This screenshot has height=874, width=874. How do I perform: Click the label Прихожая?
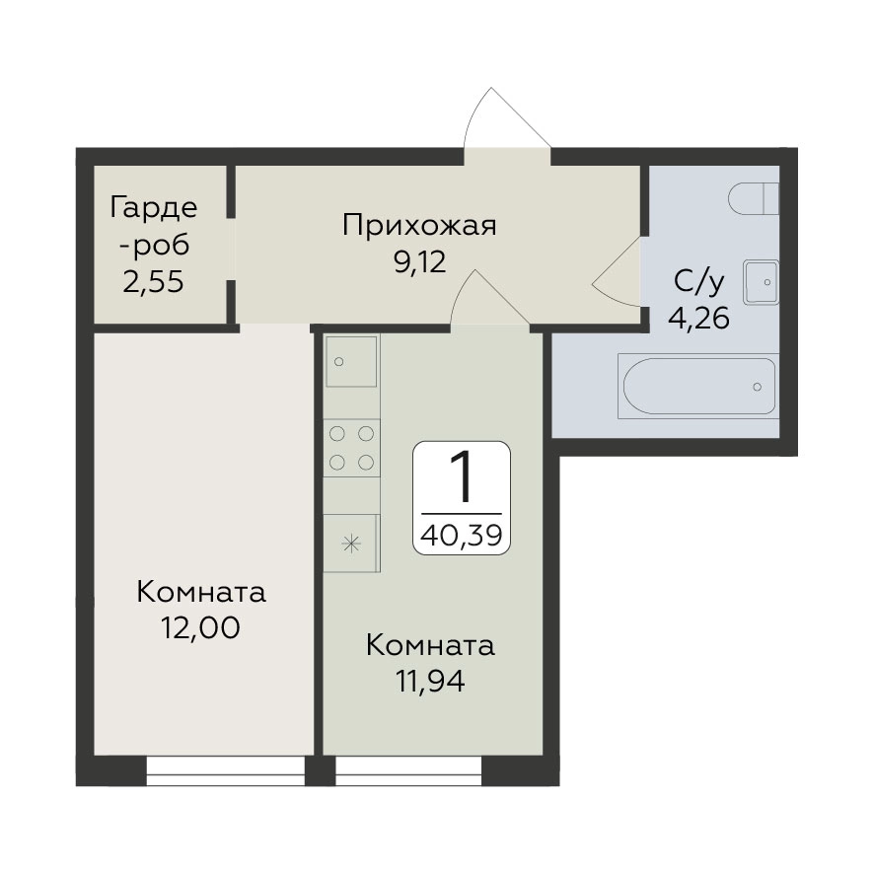[x=419, y=226]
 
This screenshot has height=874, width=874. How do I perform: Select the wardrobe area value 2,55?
[x=153, y=282]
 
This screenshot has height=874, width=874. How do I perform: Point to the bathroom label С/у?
[x=699, y=282]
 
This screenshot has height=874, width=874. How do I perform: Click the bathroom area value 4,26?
[x=699, y=319]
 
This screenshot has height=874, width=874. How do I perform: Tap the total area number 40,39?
[x=462, y=535]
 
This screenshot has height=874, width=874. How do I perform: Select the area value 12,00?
[x=200, y=627]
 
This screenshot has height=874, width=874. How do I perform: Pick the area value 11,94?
[x=430, y=681]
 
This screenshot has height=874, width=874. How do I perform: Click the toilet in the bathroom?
[x=754, y=198]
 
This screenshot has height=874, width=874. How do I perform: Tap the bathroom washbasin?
[x=761, y=282]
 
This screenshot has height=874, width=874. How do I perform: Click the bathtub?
[x=698, y=387]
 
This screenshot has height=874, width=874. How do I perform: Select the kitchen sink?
[x=351, y=361]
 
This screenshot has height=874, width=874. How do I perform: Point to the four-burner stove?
[x=352, y=448]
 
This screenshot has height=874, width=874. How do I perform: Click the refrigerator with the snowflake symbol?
[x=352, y=543]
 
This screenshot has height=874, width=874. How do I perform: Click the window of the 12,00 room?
[x=226, y=770]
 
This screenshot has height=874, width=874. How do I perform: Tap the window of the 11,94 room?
[x=408, y=770]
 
